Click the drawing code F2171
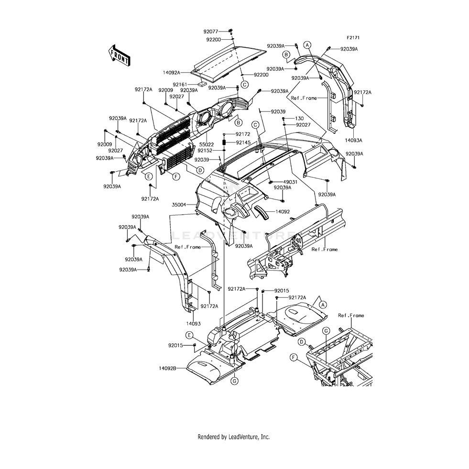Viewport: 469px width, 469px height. pyautogui.click(x=353, y=37)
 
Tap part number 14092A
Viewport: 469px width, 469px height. pyautogui.click(x=171, y=72)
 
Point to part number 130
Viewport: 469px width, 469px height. pyautogui.click(x=299, y=118)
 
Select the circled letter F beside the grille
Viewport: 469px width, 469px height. pyautogui.click(x=176, y=176)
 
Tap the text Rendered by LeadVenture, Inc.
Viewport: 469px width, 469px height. pyautogui.click(x=234, y=437)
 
